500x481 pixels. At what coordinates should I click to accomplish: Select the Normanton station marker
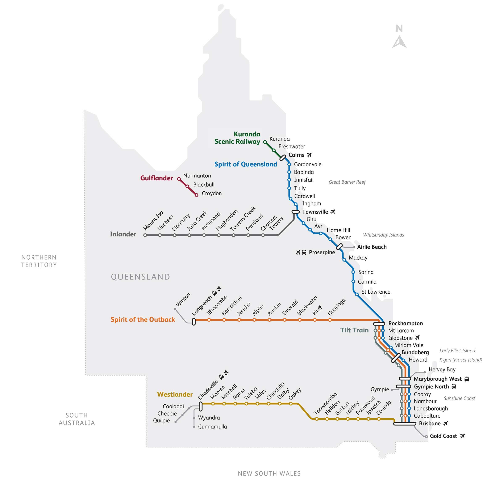179,179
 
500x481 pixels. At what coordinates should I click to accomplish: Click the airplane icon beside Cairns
309,155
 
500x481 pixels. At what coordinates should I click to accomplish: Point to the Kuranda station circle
265,142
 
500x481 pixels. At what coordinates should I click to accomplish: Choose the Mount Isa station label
153,220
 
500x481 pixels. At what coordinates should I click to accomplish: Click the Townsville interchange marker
295,212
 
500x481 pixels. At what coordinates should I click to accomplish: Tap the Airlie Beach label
372,247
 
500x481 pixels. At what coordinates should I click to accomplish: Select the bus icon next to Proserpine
304,252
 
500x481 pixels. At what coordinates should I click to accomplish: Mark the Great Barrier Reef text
347,182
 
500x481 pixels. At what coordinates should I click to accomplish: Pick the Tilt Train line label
354,330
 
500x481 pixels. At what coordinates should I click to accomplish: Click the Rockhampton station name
405,323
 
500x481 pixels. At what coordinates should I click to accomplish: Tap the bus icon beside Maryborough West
467,379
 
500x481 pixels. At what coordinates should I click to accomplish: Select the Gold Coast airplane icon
463,436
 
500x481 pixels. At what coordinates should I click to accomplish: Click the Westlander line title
175,394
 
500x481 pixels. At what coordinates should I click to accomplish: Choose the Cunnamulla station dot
194,426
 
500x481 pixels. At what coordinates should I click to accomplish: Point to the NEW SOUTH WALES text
269,473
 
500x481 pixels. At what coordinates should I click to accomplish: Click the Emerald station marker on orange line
284,320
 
